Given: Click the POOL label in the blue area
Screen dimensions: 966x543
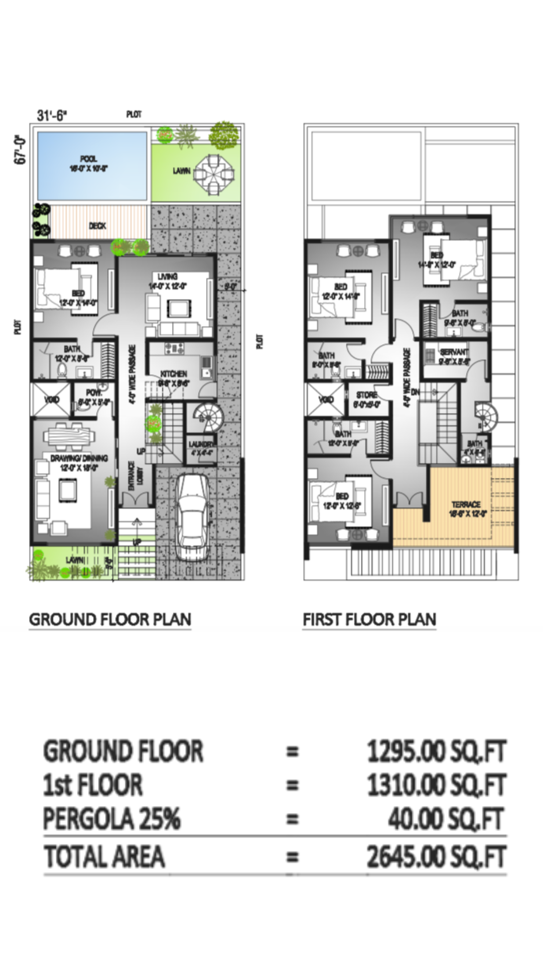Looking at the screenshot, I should pyautogui.click(x=88, y=159).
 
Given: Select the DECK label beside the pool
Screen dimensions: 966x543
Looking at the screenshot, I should pyautogui.click(x=98, y=226).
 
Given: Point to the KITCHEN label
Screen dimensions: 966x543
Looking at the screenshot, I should pyautogui.click(x=174, y=374).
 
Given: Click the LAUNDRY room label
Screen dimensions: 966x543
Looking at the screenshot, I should pyautogui.click(x=202, y=444).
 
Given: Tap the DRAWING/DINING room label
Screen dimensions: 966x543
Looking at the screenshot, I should pyautogui.click(x=79, y=458).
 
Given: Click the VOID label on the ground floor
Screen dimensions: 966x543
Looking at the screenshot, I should pyautogui.click(x=52, y=399).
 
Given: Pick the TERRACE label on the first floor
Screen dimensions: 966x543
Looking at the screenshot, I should pyautogui.click(x=466, y=504).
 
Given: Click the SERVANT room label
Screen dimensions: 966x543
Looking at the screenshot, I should pyautogui.click(x=454, y=352).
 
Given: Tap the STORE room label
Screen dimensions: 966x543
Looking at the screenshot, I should pyautogui.click(x=367, y=395).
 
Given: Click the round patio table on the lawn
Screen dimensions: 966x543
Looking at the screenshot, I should pyautogui.click(x=215, y=172).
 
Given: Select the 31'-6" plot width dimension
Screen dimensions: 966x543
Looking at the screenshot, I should pyautogui.click(x=52, y=115).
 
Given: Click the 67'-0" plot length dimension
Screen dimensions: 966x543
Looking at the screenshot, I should pyautogui.click(x=20, y=149).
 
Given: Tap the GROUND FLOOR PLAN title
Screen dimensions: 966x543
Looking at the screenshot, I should pyautogui.click(x=110, y=619).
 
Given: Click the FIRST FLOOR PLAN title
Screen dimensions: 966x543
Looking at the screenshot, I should pyautogui.click(x=370, y=619).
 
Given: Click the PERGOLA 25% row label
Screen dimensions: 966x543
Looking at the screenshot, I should pyautogui.click(x=112, y=819).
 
